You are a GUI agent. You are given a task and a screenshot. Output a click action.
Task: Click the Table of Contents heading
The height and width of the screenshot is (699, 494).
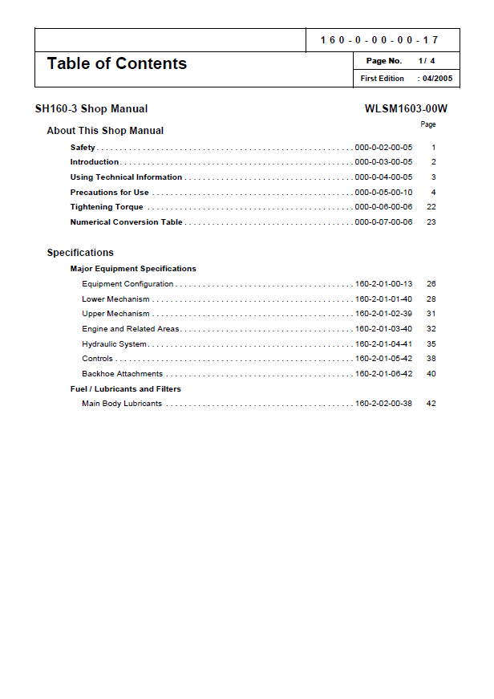(x=117, y=63)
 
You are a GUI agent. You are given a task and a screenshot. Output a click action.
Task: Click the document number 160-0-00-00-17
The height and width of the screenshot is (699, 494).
(x=379, y=40)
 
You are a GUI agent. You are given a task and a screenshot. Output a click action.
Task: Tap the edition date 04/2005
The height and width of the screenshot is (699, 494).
(x=437, y=79)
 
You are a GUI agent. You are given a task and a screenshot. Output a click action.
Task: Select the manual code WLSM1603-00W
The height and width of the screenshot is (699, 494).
(x=406, y=109)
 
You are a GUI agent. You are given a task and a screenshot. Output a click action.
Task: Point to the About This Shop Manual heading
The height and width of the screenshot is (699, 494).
(x=105, y=131)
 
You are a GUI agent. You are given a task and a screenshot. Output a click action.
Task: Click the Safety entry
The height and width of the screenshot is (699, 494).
(x=83, y=148)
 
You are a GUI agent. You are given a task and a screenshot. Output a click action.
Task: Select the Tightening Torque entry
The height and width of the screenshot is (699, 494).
(x=107, y=207)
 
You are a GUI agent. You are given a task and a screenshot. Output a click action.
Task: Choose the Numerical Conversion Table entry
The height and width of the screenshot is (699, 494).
(x=126, y=222)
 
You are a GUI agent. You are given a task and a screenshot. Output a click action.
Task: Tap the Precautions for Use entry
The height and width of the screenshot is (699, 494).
(x=109, y=193)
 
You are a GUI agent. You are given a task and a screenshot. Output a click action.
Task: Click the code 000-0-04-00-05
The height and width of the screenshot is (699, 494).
(x=383, y=177)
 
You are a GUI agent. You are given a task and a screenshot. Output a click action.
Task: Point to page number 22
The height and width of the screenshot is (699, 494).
(x=431, y=207)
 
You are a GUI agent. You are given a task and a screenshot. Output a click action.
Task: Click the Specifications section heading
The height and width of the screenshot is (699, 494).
(x=80, y=253)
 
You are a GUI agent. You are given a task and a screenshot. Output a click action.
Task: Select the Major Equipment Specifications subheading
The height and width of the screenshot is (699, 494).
(x=133, y=269)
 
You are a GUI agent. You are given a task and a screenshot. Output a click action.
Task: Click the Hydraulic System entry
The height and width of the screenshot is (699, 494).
(x=114, y=344)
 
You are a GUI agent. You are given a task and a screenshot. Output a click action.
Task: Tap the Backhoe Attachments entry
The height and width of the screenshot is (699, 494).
(x=122, y=374)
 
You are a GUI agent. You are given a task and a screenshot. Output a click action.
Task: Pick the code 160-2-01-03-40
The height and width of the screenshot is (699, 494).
(x=383, y=329)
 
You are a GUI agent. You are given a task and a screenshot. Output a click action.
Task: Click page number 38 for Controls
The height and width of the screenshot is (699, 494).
(x=431, y=359)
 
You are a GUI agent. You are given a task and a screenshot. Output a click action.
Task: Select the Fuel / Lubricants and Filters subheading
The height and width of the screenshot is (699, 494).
(x=125, y=389)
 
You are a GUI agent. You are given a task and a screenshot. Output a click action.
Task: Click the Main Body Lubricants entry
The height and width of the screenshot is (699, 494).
(x=122, y=404)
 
